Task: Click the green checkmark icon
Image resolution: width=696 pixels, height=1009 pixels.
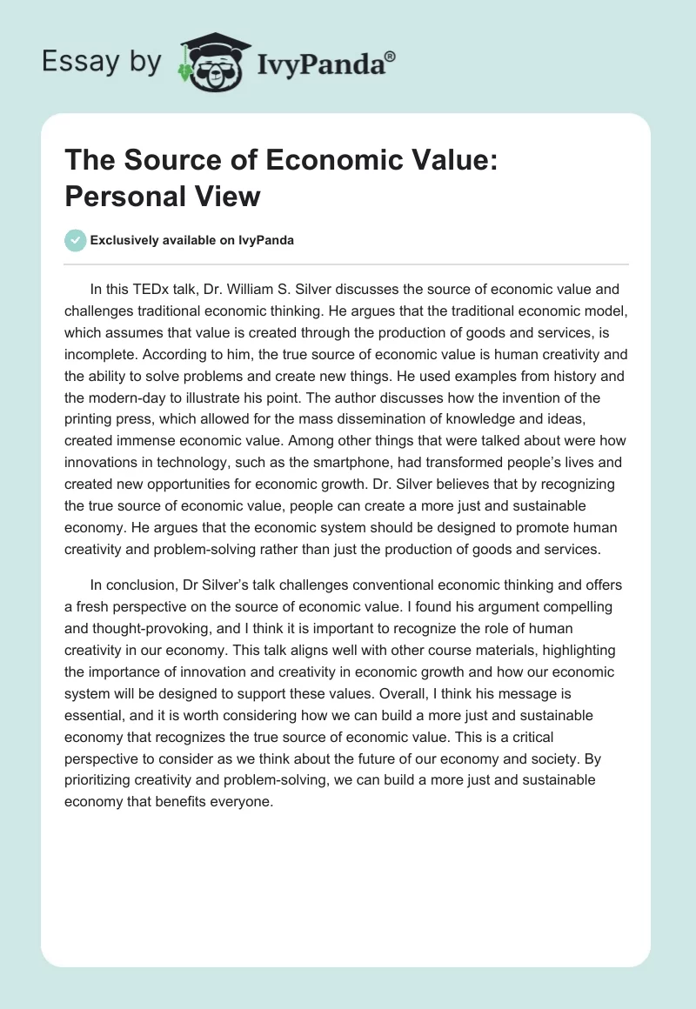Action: click(75, 240)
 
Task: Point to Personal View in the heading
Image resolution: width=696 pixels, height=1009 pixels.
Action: click(163, 196)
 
